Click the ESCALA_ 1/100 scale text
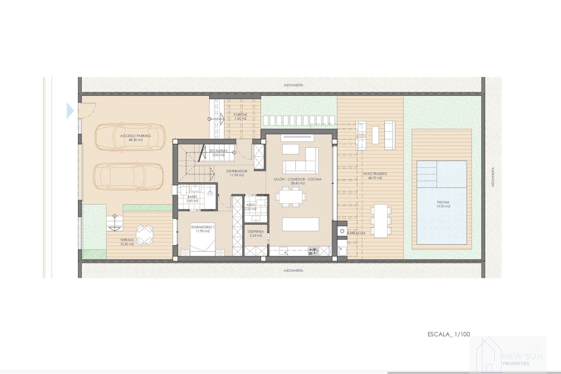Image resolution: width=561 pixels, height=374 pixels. (x=449, y=334)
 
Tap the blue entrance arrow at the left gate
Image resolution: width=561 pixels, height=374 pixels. (x=70, y=111)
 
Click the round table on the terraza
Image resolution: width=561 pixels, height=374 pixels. (x=144, y=235)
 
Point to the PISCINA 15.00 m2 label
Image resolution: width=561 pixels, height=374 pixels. (x=443, y=204)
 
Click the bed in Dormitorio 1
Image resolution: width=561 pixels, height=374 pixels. (x=203, y=243)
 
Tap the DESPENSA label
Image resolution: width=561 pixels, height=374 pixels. (x=255, y=233)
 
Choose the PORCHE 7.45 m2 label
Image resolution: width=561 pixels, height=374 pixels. (x=240, y=117)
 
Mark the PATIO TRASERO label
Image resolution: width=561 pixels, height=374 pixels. (x=375, y=175)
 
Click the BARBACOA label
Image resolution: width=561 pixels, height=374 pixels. (x=356, y=233)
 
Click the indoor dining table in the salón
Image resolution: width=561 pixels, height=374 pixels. (x=290, y=196)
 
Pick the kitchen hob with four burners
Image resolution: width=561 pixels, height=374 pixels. (x=313, y=251)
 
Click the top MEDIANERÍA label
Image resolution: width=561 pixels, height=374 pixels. (x=293, y=85)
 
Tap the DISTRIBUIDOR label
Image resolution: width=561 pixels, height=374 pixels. (x=237, y=173)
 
